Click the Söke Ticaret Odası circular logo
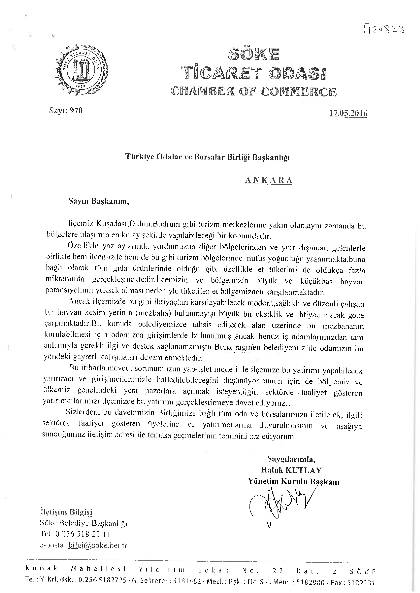pyautogui.click(x=81, y=70)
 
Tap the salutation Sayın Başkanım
pyautogui.click(x=99, y=201)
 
